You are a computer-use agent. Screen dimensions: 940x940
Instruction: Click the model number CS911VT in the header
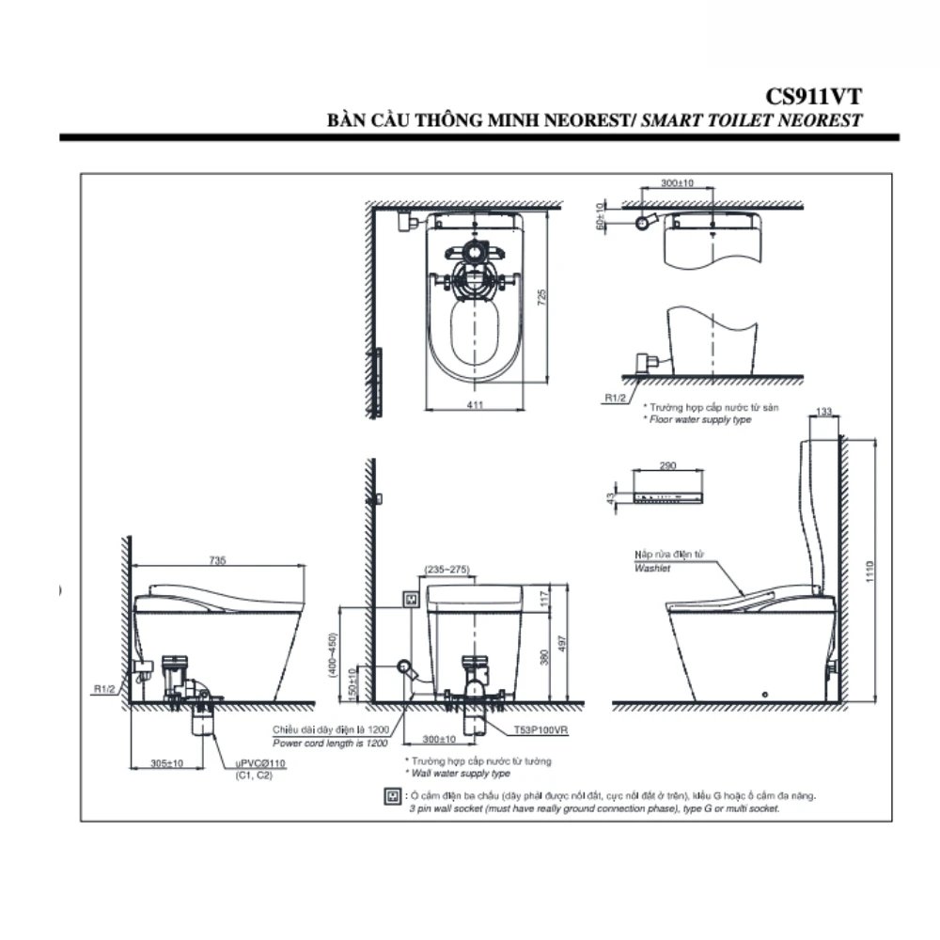[814, 96]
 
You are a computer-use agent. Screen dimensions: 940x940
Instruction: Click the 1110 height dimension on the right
[869, 571]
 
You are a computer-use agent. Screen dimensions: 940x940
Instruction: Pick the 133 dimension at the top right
[824, 411]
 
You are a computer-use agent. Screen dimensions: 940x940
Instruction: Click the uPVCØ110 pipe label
[260, 765]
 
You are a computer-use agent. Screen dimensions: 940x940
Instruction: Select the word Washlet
[650, 569]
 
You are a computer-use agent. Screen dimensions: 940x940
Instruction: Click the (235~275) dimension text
[448, 569]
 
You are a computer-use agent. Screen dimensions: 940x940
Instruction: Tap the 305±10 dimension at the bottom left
[166, 763]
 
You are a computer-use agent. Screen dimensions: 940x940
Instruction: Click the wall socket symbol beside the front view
[410, 598]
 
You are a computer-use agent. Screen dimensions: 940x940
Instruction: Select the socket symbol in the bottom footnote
[392, 797]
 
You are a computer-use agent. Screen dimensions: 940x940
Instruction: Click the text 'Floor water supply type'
[700, 419]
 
